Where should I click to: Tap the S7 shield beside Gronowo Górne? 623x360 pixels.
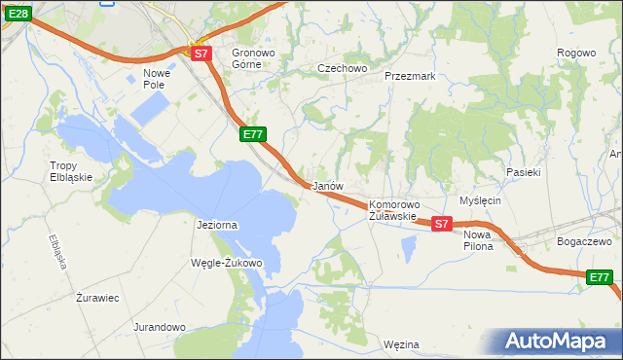coord(201,54)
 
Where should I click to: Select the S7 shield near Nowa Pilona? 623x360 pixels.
coord(441,224)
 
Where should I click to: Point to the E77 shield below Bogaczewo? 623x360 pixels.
coord(601,278)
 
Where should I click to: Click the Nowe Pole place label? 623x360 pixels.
coord(157,79)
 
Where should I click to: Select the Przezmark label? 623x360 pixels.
coord(409,75)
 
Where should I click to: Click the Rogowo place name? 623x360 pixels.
coord(575,53)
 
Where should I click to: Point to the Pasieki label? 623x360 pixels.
coord(524,172)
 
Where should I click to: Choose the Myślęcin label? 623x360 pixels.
coord(480,200)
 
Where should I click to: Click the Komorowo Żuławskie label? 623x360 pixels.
coord(393,211)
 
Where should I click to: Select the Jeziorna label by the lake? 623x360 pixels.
coord(217,225)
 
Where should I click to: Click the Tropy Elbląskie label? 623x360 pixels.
coord(71,171)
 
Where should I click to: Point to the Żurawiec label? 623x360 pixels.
coord(97,298)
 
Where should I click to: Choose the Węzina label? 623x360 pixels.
coord(401,344)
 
